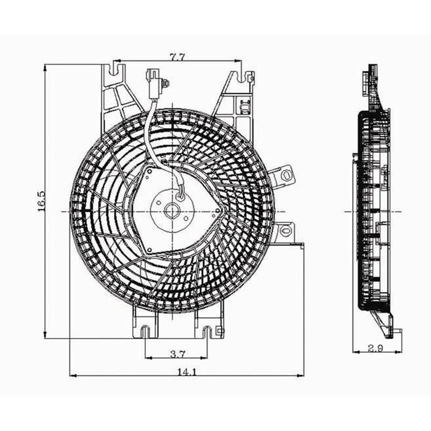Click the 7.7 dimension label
178,57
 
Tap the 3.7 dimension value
177,353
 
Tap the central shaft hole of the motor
171,211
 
